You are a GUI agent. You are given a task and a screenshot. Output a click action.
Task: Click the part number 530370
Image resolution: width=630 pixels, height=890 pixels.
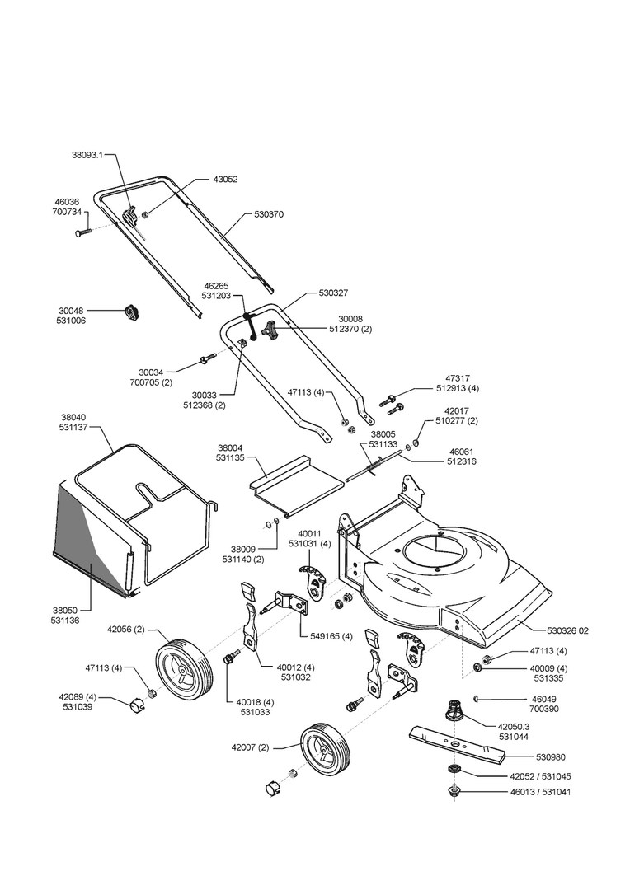[269, 214]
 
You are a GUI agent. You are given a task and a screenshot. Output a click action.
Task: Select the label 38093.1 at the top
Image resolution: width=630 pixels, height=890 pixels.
[87, 154]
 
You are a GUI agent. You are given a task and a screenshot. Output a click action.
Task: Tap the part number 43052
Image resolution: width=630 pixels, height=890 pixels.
[225, 180]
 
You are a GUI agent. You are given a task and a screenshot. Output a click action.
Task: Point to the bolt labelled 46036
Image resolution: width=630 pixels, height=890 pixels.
[83, 232]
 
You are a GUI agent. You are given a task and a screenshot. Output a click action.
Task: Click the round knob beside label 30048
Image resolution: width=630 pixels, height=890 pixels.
[132, 313]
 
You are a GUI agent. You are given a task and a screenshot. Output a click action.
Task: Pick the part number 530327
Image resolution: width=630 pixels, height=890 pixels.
[333, 293]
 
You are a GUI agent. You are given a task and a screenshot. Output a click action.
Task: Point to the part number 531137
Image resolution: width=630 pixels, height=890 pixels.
[73, 427]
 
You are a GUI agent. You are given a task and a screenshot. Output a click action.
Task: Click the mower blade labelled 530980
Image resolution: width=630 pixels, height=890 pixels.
[456, 743]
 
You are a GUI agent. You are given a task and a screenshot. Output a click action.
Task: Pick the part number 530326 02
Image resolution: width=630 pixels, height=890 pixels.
[567, 630]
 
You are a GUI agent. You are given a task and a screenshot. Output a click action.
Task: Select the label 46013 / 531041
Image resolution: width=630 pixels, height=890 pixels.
[543, 792]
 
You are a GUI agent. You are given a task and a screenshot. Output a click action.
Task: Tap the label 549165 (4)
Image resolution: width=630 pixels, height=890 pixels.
[331, 636]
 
